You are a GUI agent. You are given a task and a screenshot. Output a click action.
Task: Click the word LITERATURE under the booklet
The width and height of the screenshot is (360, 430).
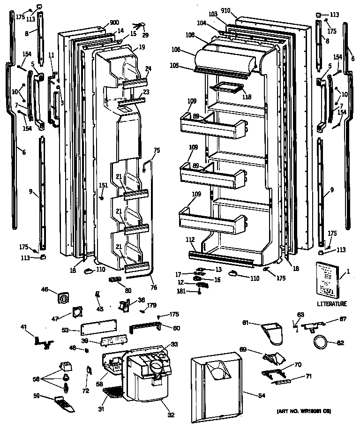coord(331,303)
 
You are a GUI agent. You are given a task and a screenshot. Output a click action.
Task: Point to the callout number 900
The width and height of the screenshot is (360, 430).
coord(114,23)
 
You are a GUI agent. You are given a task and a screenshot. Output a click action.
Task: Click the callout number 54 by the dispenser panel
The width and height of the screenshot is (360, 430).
coord(261,396)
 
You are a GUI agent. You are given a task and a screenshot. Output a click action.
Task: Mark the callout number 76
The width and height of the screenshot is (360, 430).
coord(154,287)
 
